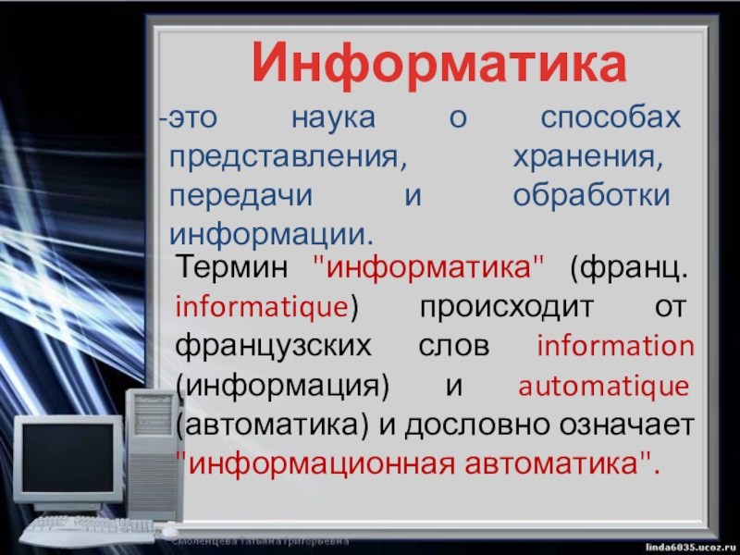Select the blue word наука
[333, 118]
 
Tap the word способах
[610, 118]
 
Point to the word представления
[288, 158]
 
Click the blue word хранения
[588, 158]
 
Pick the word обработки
[591, 195]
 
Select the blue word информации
[271, 235]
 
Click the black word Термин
[231, 266]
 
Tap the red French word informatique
[262, 307]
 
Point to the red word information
[615, 346]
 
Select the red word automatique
[604, 387]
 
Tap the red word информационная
[321, 464]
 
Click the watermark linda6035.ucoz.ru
[692, 547]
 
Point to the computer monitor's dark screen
[68, 458]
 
